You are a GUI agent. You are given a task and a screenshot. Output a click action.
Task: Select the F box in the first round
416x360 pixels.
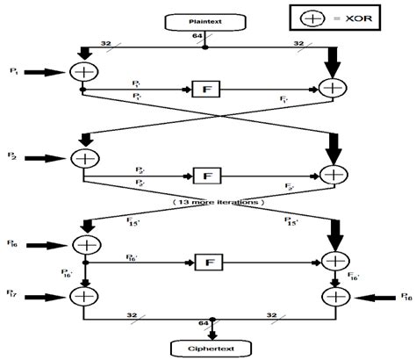click(x=205, y=89)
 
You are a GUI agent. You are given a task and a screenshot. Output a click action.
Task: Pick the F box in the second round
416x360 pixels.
click(x=205, y=176)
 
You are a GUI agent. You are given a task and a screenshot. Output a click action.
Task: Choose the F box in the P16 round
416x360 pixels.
click(x=205, y=261)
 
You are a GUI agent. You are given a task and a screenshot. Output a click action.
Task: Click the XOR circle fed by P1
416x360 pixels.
click(x=82, y=73)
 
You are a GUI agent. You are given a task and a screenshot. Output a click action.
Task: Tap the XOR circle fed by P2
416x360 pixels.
click(x=82, y=159)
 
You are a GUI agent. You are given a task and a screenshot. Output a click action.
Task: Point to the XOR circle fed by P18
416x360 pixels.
click(x=335, y=297)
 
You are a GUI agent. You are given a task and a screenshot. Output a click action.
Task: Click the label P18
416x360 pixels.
click(x=405, y=298)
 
